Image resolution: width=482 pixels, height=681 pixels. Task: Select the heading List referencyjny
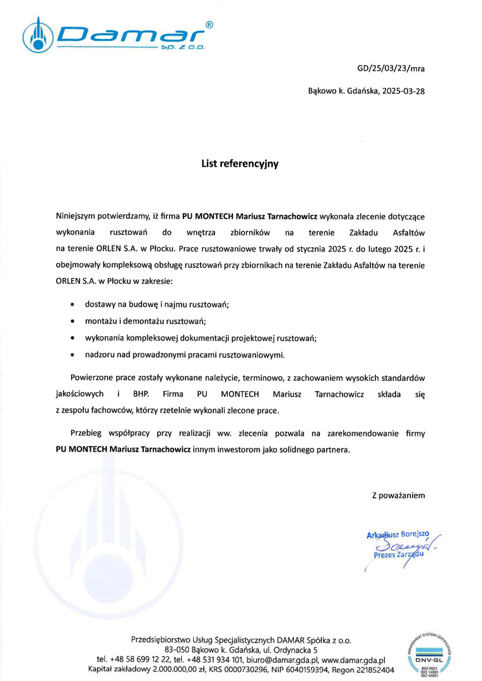(x=240, y=163)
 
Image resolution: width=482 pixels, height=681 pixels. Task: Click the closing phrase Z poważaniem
(x=398, y=496)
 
